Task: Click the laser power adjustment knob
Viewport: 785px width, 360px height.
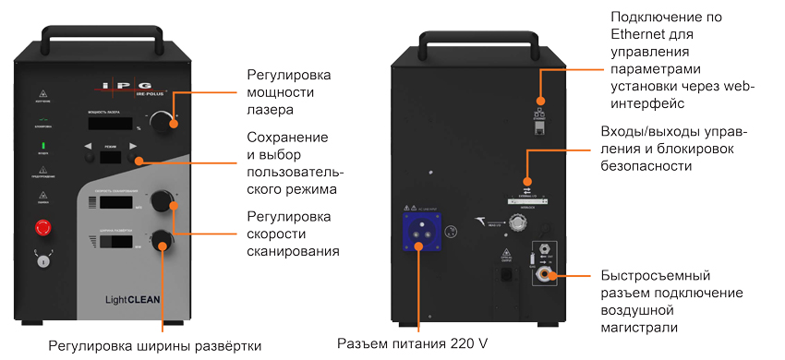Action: point(163,121)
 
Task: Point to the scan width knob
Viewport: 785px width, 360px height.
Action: point(163,241)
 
